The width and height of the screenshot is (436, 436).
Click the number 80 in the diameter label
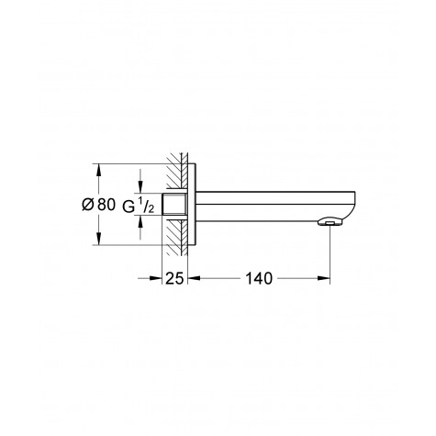(106, 205)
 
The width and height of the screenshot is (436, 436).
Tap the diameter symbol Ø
(88, 205)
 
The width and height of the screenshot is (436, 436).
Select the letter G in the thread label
(129, 206)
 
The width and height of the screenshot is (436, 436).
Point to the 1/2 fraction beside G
(146, 206)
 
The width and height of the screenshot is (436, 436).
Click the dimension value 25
(174, 278)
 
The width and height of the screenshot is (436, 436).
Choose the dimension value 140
(259, 278)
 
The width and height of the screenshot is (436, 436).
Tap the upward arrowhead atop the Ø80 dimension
(98, 170)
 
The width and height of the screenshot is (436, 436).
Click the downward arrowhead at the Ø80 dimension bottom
(98, 239)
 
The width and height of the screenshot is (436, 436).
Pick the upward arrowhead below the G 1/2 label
(140, 220)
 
